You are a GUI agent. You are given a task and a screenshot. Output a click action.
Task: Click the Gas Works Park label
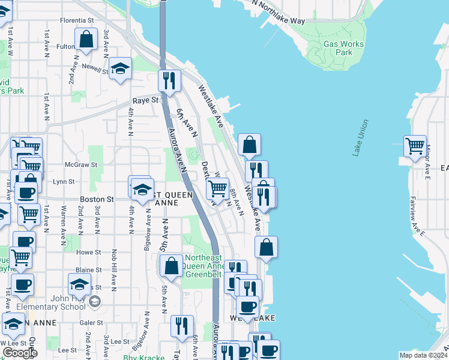pyautogui.click(x=343, y=48)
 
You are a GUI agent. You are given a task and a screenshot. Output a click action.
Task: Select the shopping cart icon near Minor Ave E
pyautogui.click(x=415, y=145)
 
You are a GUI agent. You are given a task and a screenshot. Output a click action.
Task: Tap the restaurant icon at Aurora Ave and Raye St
pyautogui.click(x=169, y=80)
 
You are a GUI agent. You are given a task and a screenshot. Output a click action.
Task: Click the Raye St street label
pyautogui.click(x=145, y=101)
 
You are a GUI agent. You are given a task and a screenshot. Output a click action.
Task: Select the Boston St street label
pyautogui.click(x=98, y=199)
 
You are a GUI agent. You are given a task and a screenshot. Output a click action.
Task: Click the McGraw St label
pyautogui.click(x=77, y=164)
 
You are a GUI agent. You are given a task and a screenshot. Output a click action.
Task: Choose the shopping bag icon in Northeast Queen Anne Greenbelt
pyautogui.click(x=171, y=265)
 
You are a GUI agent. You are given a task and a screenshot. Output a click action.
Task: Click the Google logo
pyautogui.click(x=19, y=353)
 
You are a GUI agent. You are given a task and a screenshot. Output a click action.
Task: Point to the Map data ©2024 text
pyautogui.click(x=423, y=355)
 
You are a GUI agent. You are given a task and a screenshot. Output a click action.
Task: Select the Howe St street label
pyautogui.click(x=89, y=253)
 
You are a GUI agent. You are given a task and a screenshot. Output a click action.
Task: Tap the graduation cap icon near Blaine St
pyautogui.click(x=79, y=284)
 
